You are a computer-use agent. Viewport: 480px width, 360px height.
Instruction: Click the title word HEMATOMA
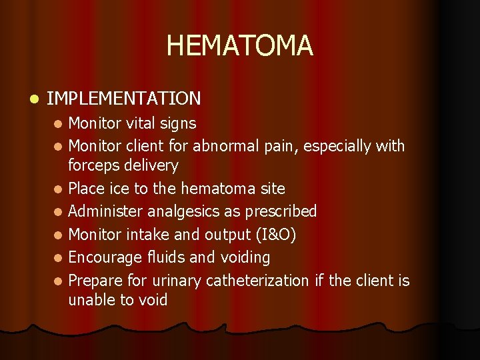click(x=239, y=45)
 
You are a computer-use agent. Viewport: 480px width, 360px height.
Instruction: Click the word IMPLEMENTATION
click(x=124, y=99)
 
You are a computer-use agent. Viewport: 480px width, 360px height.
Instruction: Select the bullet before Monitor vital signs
click(x=59, y=123)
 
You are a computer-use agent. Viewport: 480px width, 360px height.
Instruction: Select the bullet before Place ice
click(x=59, y=189)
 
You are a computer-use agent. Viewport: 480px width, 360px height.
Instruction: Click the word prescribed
click(x=281, y=212)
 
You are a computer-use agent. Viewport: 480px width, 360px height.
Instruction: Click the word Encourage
click(x=103, y=257)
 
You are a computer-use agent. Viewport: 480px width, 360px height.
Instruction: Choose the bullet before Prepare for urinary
click(x=59, y=281)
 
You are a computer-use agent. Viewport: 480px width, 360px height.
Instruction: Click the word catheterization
click(x=257, y=281)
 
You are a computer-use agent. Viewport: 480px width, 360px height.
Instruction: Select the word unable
click(x=91, y=300)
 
